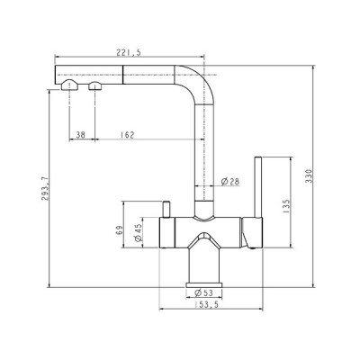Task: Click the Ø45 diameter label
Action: tap(137, 234)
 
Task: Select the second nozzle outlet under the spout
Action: tap(93, 87)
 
